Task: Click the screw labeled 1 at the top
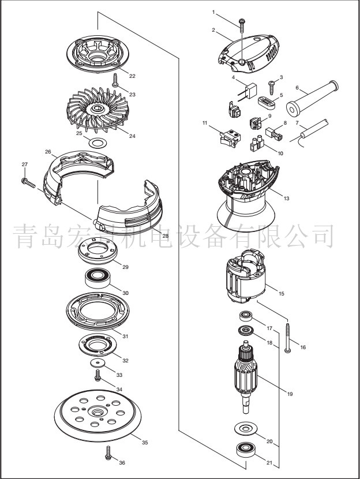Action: pos(242,23)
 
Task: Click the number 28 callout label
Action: pos(164,236)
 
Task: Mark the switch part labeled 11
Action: pos(228,136)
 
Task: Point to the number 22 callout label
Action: pos(132,76)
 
